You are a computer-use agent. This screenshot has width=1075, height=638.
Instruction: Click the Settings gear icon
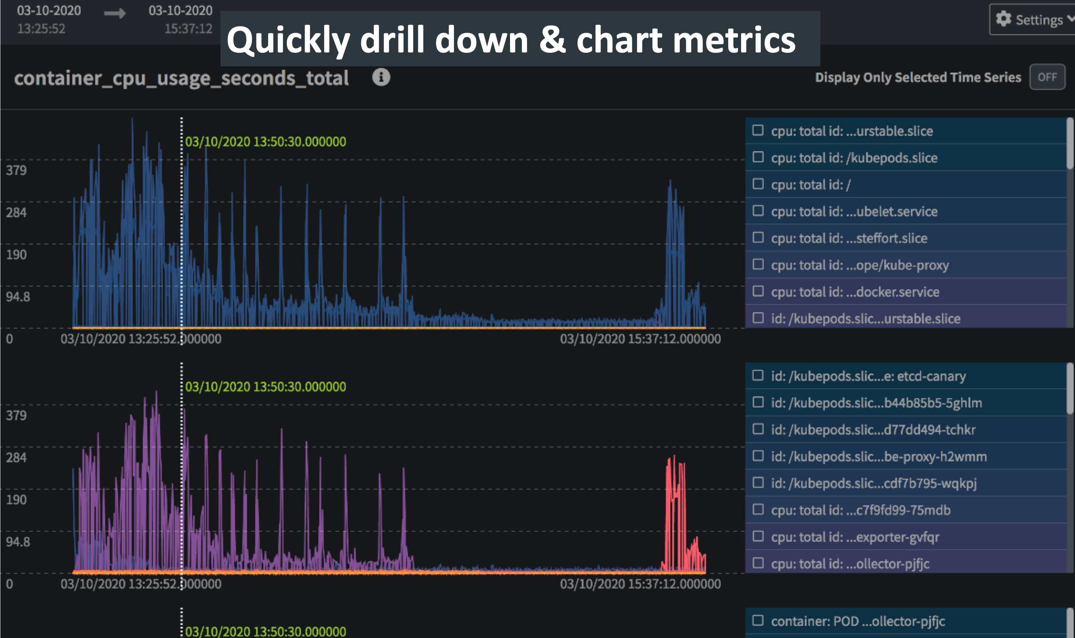click(x=1003, y=19)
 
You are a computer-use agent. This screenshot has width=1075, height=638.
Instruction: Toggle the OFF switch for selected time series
click(x=1047, y=77)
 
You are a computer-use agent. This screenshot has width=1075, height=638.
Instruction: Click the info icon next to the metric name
click(x=381, y=77)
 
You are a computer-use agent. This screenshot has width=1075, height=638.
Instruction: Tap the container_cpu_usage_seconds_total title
click(x=181, y=79)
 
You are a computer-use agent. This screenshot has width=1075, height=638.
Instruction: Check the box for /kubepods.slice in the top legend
click(x=758, y=157)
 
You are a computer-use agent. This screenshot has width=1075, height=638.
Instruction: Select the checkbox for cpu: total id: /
click(x=758, y=184)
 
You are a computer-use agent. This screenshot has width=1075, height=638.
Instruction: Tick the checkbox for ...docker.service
click(x=758, y=291)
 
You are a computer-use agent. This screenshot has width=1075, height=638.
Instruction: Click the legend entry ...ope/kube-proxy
click(x=859, y=265)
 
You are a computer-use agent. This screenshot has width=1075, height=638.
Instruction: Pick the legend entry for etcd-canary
click(x=868, y=376)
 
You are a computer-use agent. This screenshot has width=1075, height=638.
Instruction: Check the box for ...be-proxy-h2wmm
click(x=758, y=456)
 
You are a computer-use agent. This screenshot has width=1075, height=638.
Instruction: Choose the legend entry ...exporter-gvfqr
click(x=854, y=536)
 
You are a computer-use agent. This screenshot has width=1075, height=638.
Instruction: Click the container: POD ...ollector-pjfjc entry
click(x=857, y=621)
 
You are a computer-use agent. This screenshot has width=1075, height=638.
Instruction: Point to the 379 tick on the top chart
click(x=17, y=170)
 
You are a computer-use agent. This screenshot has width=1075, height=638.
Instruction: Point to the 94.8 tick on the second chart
click(x=18, y=541)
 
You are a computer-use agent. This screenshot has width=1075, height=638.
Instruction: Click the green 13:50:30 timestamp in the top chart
click(x=265, y=141)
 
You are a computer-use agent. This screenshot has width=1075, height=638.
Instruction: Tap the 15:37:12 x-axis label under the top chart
click(x=640, y=339)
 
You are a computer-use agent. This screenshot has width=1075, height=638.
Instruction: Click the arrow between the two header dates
click(x=115, y=13)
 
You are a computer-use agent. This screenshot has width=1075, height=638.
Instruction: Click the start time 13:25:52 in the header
click(x=41, y=29)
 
